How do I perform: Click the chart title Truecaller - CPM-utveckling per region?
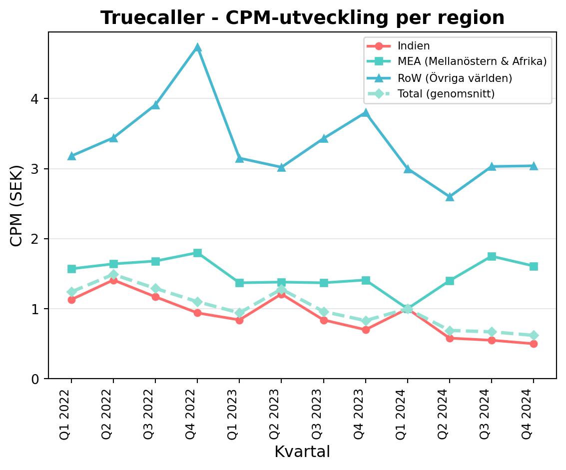tap(302, 18)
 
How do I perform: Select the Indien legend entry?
tap(414, 46)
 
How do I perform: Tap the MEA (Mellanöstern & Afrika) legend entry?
tap(472, 62)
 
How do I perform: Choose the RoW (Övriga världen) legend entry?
tap(455, 78)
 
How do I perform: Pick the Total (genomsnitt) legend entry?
tap(446, 93)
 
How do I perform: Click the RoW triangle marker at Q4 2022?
tap(197, 47)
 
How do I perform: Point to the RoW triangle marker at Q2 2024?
tap(450, 197)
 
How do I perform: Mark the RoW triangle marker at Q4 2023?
tap(366, 113)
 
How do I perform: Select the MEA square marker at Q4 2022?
tap(197, 253)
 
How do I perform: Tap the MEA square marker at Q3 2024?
tap(492, 256)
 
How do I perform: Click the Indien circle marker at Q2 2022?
tap(113, 280)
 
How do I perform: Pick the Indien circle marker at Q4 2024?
tap(534, 344)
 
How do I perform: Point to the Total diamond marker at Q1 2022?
tap(71, 292)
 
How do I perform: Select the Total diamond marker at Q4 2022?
tap(197, 302)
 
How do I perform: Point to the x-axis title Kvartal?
tap(302, 452)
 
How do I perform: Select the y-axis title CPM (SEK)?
tap(16, 205)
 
